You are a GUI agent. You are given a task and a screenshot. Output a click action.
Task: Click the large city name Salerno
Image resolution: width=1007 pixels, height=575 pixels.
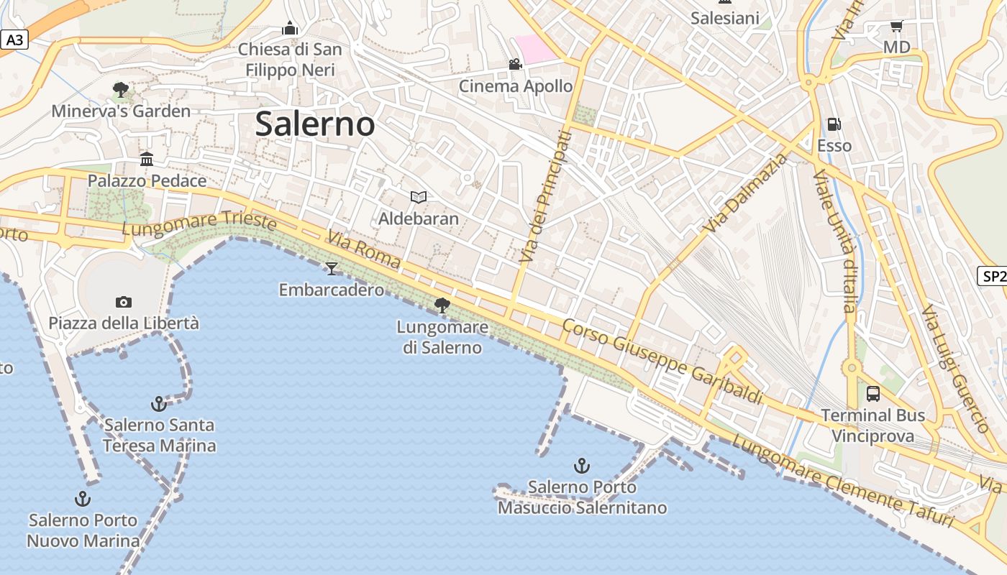coord(315,124)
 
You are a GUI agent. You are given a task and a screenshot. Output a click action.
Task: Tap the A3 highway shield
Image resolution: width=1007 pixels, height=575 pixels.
coord(14,40)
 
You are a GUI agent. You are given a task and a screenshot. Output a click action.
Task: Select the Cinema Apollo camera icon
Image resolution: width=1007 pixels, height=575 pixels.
coord(515,65)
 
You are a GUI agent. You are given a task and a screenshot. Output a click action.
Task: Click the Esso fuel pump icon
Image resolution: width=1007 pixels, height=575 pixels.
coord(834,124)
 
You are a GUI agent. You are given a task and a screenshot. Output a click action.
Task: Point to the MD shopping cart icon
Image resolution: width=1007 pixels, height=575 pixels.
coord(896,27)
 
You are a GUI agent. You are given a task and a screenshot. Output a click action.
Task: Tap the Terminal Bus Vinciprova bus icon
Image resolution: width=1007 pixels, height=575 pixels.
coord(872,393)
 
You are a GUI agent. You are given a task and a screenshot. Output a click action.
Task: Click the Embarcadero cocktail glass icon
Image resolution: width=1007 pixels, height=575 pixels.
coord(331,269)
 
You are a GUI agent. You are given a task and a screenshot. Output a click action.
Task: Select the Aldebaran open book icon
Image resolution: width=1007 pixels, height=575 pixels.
coord(418,197)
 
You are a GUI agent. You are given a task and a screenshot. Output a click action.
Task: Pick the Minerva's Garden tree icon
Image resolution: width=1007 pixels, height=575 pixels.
coord(121,90)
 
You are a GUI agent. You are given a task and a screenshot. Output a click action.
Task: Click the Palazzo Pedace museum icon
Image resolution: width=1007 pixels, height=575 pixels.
coord(147,159)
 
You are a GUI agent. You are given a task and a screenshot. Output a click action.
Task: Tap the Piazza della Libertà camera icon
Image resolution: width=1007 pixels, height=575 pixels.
coord(124,302)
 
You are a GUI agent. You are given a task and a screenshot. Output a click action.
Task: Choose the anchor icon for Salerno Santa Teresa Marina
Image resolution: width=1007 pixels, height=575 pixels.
coord(159,403)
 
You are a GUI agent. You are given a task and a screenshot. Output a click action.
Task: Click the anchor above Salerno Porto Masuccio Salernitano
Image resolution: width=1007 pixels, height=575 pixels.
coord(582,466)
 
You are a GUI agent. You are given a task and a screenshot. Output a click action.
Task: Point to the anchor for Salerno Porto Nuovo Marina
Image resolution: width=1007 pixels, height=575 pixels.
coord(83,498)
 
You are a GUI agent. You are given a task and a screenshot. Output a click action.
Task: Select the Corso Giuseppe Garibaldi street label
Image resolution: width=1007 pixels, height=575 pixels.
coord(662,362)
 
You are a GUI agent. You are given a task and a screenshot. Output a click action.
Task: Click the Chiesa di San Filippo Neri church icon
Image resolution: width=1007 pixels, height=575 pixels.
coord(290,28)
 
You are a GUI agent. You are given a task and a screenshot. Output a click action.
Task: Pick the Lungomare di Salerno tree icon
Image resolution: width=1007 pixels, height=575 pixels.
coord(442,305)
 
